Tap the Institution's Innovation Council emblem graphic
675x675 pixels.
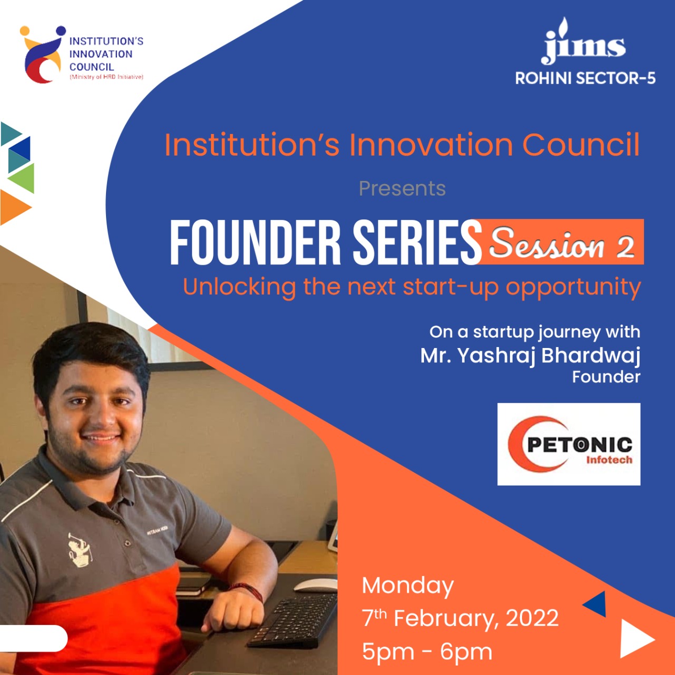[x=42, y=54]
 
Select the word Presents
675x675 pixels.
[x=402, y=188]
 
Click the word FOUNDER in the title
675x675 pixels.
[x=255, y=242]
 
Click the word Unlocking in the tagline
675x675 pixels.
[x=239, y=287]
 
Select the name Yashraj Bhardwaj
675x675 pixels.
[x=549, y=356]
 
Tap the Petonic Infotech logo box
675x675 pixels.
[x=569, y=444]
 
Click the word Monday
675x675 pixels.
[x=408, y=586]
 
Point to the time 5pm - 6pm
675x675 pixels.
[x=427, y=651]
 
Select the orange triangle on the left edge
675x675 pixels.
[x=14, y=207]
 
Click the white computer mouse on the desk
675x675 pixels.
[x=315, y=585]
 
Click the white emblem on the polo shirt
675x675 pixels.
[x=80, y=548]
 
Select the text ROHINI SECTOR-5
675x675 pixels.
[x=585, y=79]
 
